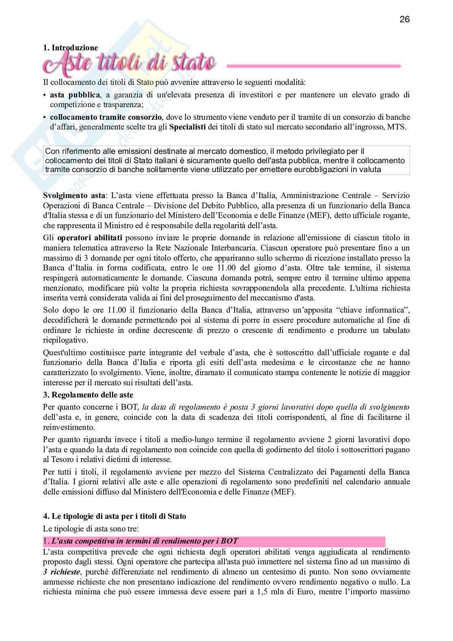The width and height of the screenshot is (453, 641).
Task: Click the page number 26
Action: (405, 19)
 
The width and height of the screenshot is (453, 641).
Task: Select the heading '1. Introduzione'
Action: (71, 48)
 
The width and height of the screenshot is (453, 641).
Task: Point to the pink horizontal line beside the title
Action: (313, 66)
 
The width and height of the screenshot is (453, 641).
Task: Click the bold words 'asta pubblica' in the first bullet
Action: (75, 95)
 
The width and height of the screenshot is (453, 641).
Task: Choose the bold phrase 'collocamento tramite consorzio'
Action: (106, 117)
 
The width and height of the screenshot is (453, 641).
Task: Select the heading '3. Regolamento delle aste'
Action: (88, 395)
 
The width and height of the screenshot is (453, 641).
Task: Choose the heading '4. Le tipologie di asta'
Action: (114, 516)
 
